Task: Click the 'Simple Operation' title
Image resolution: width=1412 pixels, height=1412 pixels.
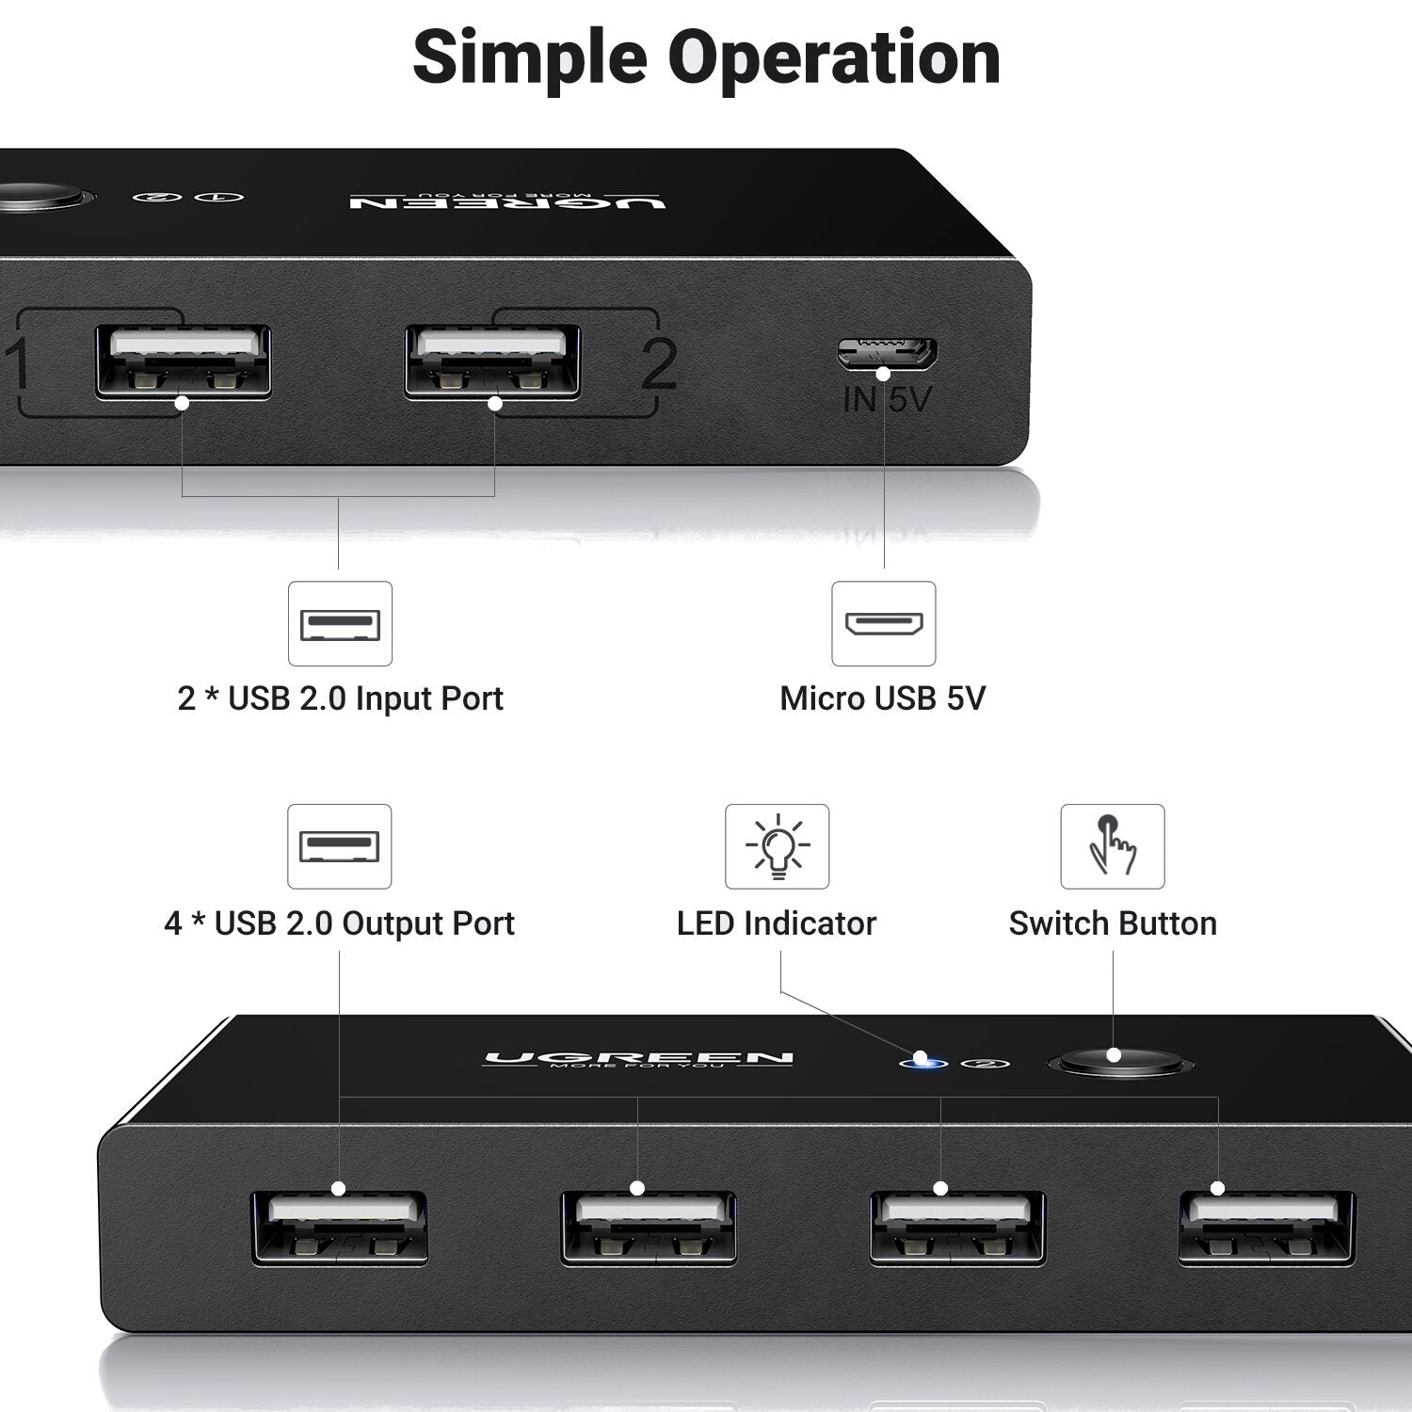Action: (x=706, y=58)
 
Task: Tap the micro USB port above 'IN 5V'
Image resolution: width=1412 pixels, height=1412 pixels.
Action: (x=886, y=353)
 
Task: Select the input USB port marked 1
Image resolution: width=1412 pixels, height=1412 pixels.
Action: (x=183, y=361)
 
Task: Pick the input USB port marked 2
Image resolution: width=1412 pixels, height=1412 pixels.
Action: (x=492, y=361)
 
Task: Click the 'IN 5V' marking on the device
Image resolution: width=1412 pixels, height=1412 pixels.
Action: (x=886, y=400)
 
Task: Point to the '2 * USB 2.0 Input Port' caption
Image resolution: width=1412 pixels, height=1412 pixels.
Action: (x=340, y=698)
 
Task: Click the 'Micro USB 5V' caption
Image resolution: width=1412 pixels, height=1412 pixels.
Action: (x=883, y=698)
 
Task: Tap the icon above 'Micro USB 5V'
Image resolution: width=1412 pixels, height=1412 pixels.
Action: (x=884, y=623)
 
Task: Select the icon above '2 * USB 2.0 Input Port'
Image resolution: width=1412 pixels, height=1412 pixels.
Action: (x=340, y=623)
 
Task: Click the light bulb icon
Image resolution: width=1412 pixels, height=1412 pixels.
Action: (x=777, y=845)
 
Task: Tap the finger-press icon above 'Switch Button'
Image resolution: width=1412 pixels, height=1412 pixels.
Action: (x=1113, y=845)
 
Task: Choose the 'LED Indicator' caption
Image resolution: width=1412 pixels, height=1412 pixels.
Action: (x=777, y=923)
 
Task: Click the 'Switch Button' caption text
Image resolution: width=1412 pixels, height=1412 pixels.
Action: (x=1113, y=923)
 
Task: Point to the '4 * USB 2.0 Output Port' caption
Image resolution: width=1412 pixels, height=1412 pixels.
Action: (x=339, y=923)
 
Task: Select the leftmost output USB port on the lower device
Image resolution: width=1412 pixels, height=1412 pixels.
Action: (x=340, y=1227)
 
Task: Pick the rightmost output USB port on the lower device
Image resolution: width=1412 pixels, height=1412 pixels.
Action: (x=1266, y=1227)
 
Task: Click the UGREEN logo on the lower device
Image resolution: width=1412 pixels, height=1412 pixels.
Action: (x=638, y=1059)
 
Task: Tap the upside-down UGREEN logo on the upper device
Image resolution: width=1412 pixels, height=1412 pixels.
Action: (x=507, y=201)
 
